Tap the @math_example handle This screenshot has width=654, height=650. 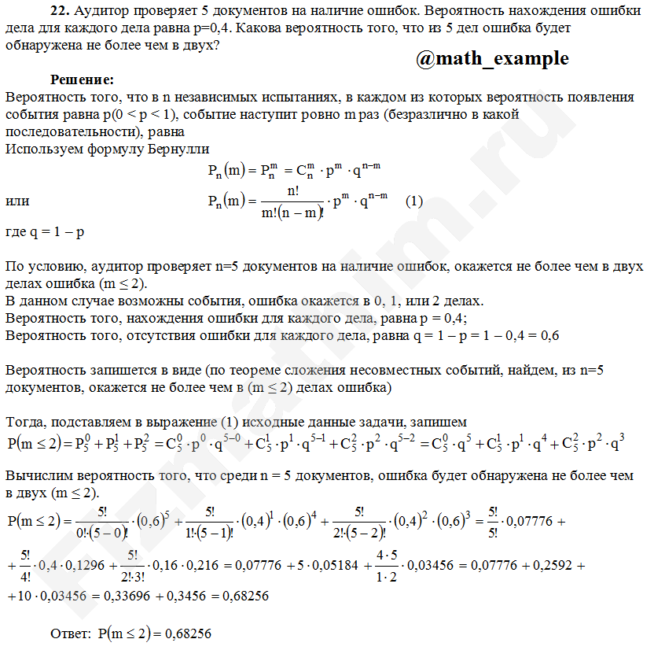491,59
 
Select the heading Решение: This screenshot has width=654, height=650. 82,79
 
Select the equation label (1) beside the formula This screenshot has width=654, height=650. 414,201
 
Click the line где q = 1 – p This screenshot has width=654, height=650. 45,233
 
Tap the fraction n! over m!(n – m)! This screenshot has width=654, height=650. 291,202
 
